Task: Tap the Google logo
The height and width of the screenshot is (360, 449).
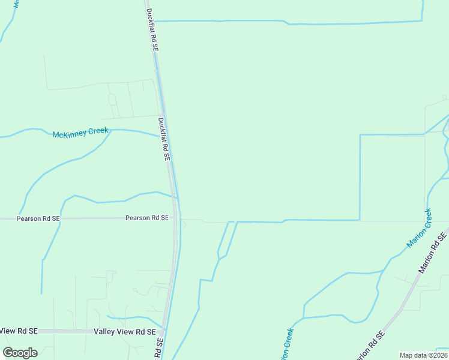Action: coord(20,353)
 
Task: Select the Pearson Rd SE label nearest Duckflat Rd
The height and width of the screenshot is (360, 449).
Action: coord(146,218)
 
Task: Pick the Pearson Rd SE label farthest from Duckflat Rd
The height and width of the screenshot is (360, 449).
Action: coord(38,219)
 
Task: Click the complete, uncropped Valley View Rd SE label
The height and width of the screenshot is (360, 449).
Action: coord(125,331)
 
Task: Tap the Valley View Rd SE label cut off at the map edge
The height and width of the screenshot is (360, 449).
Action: coord(19,331)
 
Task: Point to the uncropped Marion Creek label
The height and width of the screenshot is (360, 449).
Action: coord(419,228)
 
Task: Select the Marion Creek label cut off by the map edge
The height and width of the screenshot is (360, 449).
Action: coord(286,344)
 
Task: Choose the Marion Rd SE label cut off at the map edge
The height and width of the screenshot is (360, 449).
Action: coord(369,346)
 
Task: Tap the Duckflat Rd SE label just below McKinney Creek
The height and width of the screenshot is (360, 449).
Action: coord(164,139)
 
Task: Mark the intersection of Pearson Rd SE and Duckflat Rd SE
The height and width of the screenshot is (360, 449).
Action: coord(176,218)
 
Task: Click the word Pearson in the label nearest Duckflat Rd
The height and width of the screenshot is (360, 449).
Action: coord(137,218)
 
